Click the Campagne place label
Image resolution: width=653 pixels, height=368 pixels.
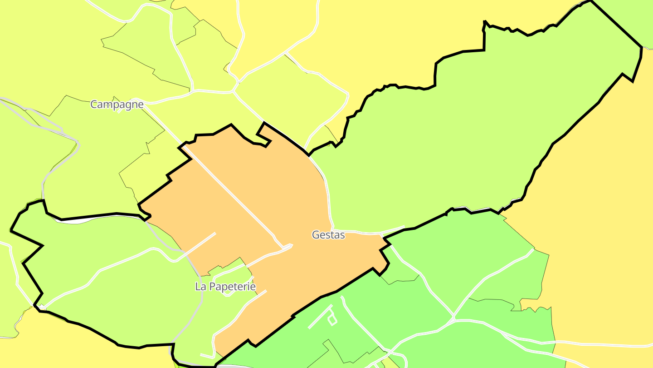point(117,104)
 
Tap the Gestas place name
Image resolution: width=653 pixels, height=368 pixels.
point(328,235)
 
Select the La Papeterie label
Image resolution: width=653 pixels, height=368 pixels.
point(225,287)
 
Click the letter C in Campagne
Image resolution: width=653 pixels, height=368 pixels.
point(94,104)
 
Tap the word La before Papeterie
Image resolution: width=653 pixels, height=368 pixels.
point(200,287)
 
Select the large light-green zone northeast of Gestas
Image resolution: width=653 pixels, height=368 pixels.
point(476,136)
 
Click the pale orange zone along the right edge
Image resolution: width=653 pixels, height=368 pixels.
point(603,227)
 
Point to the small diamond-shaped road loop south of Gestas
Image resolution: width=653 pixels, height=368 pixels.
point(332,320)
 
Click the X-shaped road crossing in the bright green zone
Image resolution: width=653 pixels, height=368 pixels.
point(453,317)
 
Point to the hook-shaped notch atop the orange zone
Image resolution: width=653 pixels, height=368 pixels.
point(263,134)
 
